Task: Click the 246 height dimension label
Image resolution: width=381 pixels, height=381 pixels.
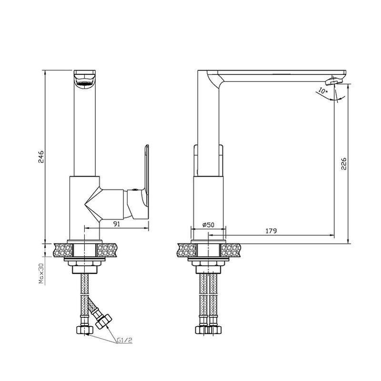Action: (x=41, y=157)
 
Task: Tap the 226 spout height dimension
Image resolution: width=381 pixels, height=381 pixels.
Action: (x=343, y=163)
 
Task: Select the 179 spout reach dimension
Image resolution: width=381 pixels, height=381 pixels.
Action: (x=271, y=231)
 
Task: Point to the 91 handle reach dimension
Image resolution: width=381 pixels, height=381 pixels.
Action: (x=117, y=224)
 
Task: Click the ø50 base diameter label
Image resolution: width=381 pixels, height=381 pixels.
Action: (x=208, y=225)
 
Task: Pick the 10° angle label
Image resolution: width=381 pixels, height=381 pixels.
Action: (x=323, y=91)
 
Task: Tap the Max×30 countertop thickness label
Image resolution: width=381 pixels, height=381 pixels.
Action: (x=41, y=273)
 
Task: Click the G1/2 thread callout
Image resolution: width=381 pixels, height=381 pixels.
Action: (x=125, y=340)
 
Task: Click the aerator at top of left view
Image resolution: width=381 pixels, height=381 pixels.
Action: (x=85, y=80)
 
